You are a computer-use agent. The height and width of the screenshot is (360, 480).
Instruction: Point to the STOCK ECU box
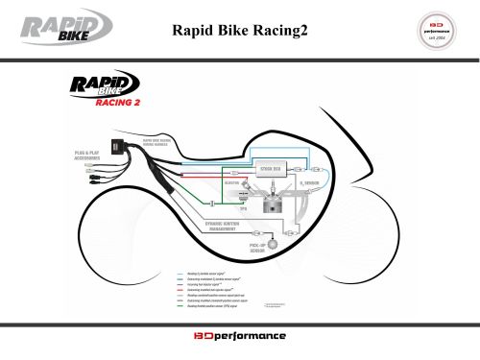[x=269, y=170]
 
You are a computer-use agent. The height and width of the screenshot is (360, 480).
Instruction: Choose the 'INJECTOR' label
[x=230, y=181]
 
